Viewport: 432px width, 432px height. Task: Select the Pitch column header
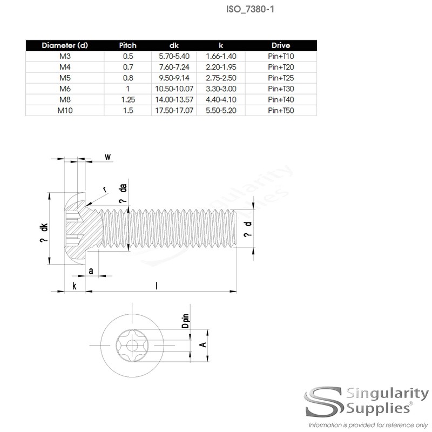click(x=127, y=45)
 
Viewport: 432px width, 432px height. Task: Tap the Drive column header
click(x=281, y=45)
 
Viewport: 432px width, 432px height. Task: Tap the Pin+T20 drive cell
click(x=281, y=66)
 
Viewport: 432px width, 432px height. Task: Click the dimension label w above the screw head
click(x=107, y=157)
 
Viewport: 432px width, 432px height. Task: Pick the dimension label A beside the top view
click(x=202, y=343)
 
